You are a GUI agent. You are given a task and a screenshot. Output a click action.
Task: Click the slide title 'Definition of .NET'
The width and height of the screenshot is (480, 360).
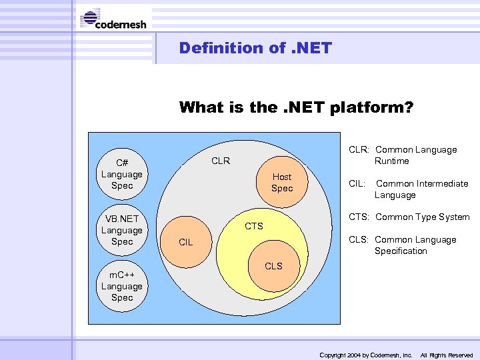(x=255, y=48)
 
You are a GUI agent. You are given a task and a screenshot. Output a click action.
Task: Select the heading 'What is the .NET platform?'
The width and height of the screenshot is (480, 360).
(x=296, y=107)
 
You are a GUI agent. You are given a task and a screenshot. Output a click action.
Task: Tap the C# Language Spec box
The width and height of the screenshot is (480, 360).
(x=122, y=174)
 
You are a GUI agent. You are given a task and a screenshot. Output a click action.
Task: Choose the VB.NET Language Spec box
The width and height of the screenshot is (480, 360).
(x=122, y=230)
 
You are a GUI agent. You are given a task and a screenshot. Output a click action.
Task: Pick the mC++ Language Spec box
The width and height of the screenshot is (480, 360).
(x=122, y=286)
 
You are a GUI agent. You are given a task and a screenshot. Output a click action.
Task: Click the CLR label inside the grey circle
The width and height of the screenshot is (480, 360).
(x=221, y=161)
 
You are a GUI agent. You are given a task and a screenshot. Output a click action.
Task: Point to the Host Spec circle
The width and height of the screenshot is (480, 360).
(x=281, y=182)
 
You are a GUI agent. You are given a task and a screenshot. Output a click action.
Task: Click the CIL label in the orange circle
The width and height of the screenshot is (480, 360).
(x=185, y=242)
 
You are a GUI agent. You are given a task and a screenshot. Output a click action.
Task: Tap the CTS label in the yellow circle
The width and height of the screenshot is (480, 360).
(x=254, y=226)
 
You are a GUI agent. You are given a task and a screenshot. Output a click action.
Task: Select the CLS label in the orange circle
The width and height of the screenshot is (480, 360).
(x=273, y=266)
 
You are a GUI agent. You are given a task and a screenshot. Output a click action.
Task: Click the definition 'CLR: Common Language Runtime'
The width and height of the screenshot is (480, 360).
(x=403, y=155)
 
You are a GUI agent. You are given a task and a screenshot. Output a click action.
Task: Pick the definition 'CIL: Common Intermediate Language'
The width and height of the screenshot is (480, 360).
(x=409, y=189)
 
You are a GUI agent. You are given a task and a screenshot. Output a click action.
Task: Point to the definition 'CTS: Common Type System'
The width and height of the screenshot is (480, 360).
(x=409, y=217)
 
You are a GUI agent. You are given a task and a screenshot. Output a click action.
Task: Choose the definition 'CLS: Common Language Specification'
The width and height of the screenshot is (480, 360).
(x=403, y=245)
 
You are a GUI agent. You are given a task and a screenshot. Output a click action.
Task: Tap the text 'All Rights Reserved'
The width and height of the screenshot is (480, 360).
(x=446, y=355)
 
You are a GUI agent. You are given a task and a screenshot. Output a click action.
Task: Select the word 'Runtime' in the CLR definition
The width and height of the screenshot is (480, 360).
(x=392, y=161)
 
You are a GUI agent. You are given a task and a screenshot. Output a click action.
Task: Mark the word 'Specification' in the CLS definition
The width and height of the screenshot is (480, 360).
(x=401, y=251)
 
